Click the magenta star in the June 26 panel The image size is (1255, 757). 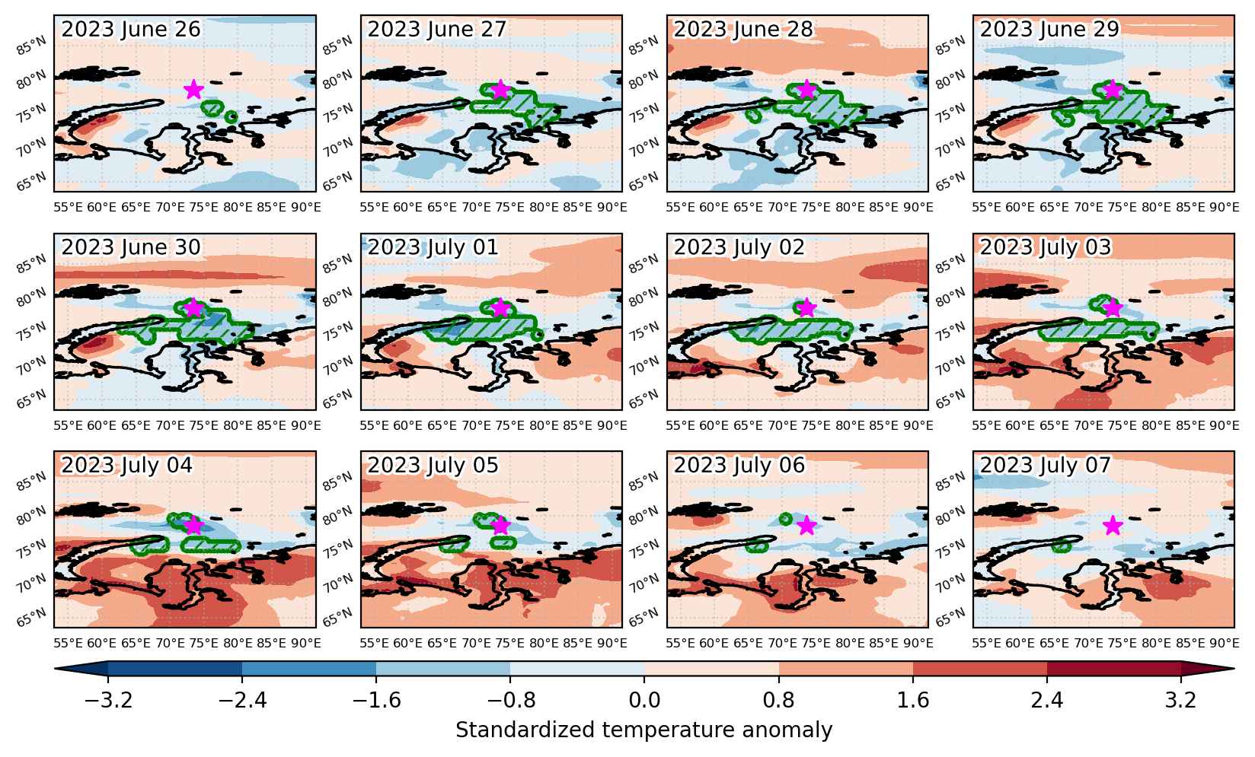[x=193, y=89]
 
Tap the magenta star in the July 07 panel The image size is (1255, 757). [x=1113, y=525]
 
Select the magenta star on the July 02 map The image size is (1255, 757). [x=806, y=307]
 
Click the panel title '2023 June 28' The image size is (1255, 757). [x=743, y=29]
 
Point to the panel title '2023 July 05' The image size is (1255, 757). [x=433, y=466]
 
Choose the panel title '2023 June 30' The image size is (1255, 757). [x=130, y=247]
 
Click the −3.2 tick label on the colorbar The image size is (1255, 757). [x=108, y=700]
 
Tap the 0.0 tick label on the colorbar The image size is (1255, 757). [x=644, y=700]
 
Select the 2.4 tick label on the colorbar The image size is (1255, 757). [x=1046, y=700]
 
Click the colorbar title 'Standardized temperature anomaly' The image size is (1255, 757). [x=643, y=730]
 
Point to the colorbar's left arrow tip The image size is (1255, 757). [x=55, y=669]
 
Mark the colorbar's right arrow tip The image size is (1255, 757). [x=1234, y=669]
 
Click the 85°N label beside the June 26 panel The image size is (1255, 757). [x=31, y=46]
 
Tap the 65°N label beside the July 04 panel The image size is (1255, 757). [x=31, y=617]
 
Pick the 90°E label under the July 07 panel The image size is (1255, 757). [x=1225, y=644]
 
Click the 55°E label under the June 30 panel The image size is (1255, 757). [x=69, y=425]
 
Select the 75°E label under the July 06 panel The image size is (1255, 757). [x=816, y=644]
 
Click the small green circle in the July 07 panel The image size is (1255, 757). [x=1061, y=545]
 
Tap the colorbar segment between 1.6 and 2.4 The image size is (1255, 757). [x=980, y=669]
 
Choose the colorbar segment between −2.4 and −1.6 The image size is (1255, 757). [x=309, y=669]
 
